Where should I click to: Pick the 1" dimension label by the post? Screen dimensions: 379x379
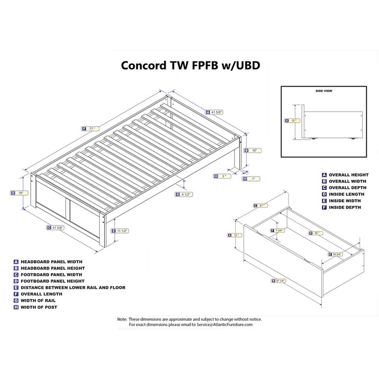pyautogui.click(x=253, y=179)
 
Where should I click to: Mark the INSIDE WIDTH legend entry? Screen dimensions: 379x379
pyautogui.click(x=344, y=200)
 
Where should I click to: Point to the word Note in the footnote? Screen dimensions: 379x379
pyautogui.click(x=122, y=319)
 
